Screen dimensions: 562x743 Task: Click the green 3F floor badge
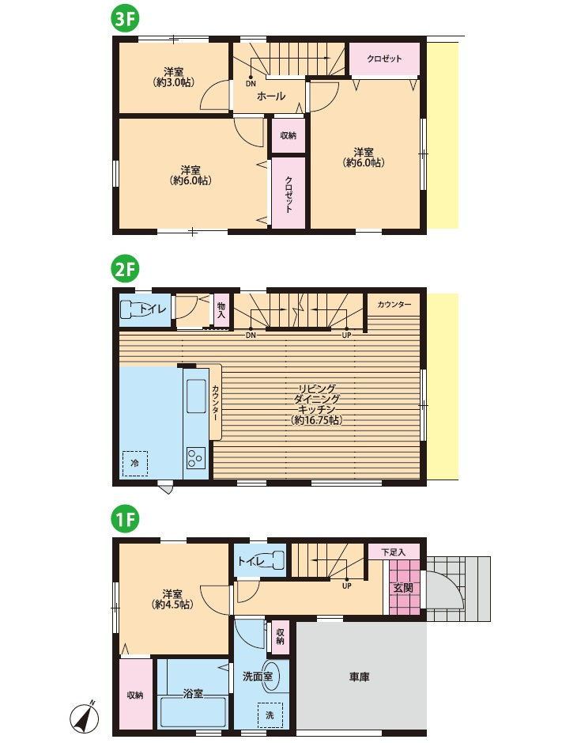[125, 20]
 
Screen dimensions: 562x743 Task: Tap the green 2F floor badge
[125, 270]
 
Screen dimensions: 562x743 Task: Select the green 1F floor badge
[125, 521]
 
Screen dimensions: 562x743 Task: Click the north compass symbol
[85, 715]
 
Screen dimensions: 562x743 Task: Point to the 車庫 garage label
[360, 677]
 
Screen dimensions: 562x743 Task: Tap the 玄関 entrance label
[403, 588]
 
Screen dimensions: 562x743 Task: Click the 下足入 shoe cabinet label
[394, 552]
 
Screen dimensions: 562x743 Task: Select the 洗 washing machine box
[270, 715]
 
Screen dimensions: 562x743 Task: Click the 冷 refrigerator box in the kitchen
[135, 464]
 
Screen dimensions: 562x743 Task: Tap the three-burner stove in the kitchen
[195, 457]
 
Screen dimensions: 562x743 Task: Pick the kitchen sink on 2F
[195, 396]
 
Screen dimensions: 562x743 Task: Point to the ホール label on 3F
[271, 97]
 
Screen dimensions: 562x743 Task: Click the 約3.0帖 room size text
[174, 82]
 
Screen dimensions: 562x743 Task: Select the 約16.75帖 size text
[317, 420]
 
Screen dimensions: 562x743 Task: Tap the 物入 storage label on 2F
[221, 311]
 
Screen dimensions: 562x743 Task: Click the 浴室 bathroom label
[193, 694]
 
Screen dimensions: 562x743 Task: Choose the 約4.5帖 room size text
[172, 605]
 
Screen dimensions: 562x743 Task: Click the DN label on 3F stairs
[251, 84]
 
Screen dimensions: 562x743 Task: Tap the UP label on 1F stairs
[346, 586]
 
